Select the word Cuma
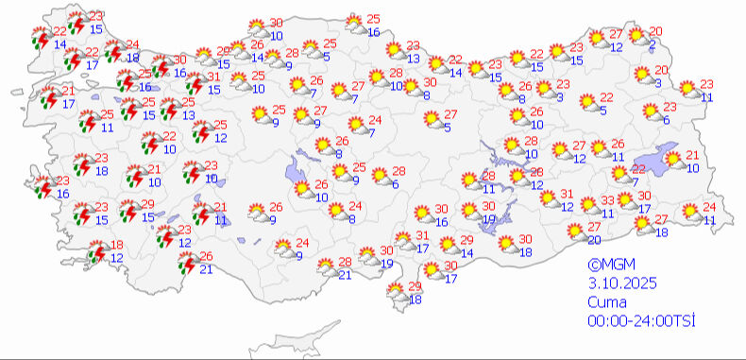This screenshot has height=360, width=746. [x=605, y=302]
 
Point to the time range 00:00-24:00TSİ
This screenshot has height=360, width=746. [x=641, y=320]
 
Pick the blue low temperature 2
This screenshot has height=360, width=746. [x=653, y=44]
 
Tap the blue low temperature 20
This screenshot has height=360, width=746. [x=594, y=240]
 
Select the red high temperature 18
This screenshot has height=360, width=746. [x=117, y=245]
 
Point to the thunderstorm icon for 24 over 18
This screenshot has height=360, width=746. [x=111, y=51]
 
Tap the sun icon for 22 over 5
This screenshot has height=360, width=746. [x=586, y=102]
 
